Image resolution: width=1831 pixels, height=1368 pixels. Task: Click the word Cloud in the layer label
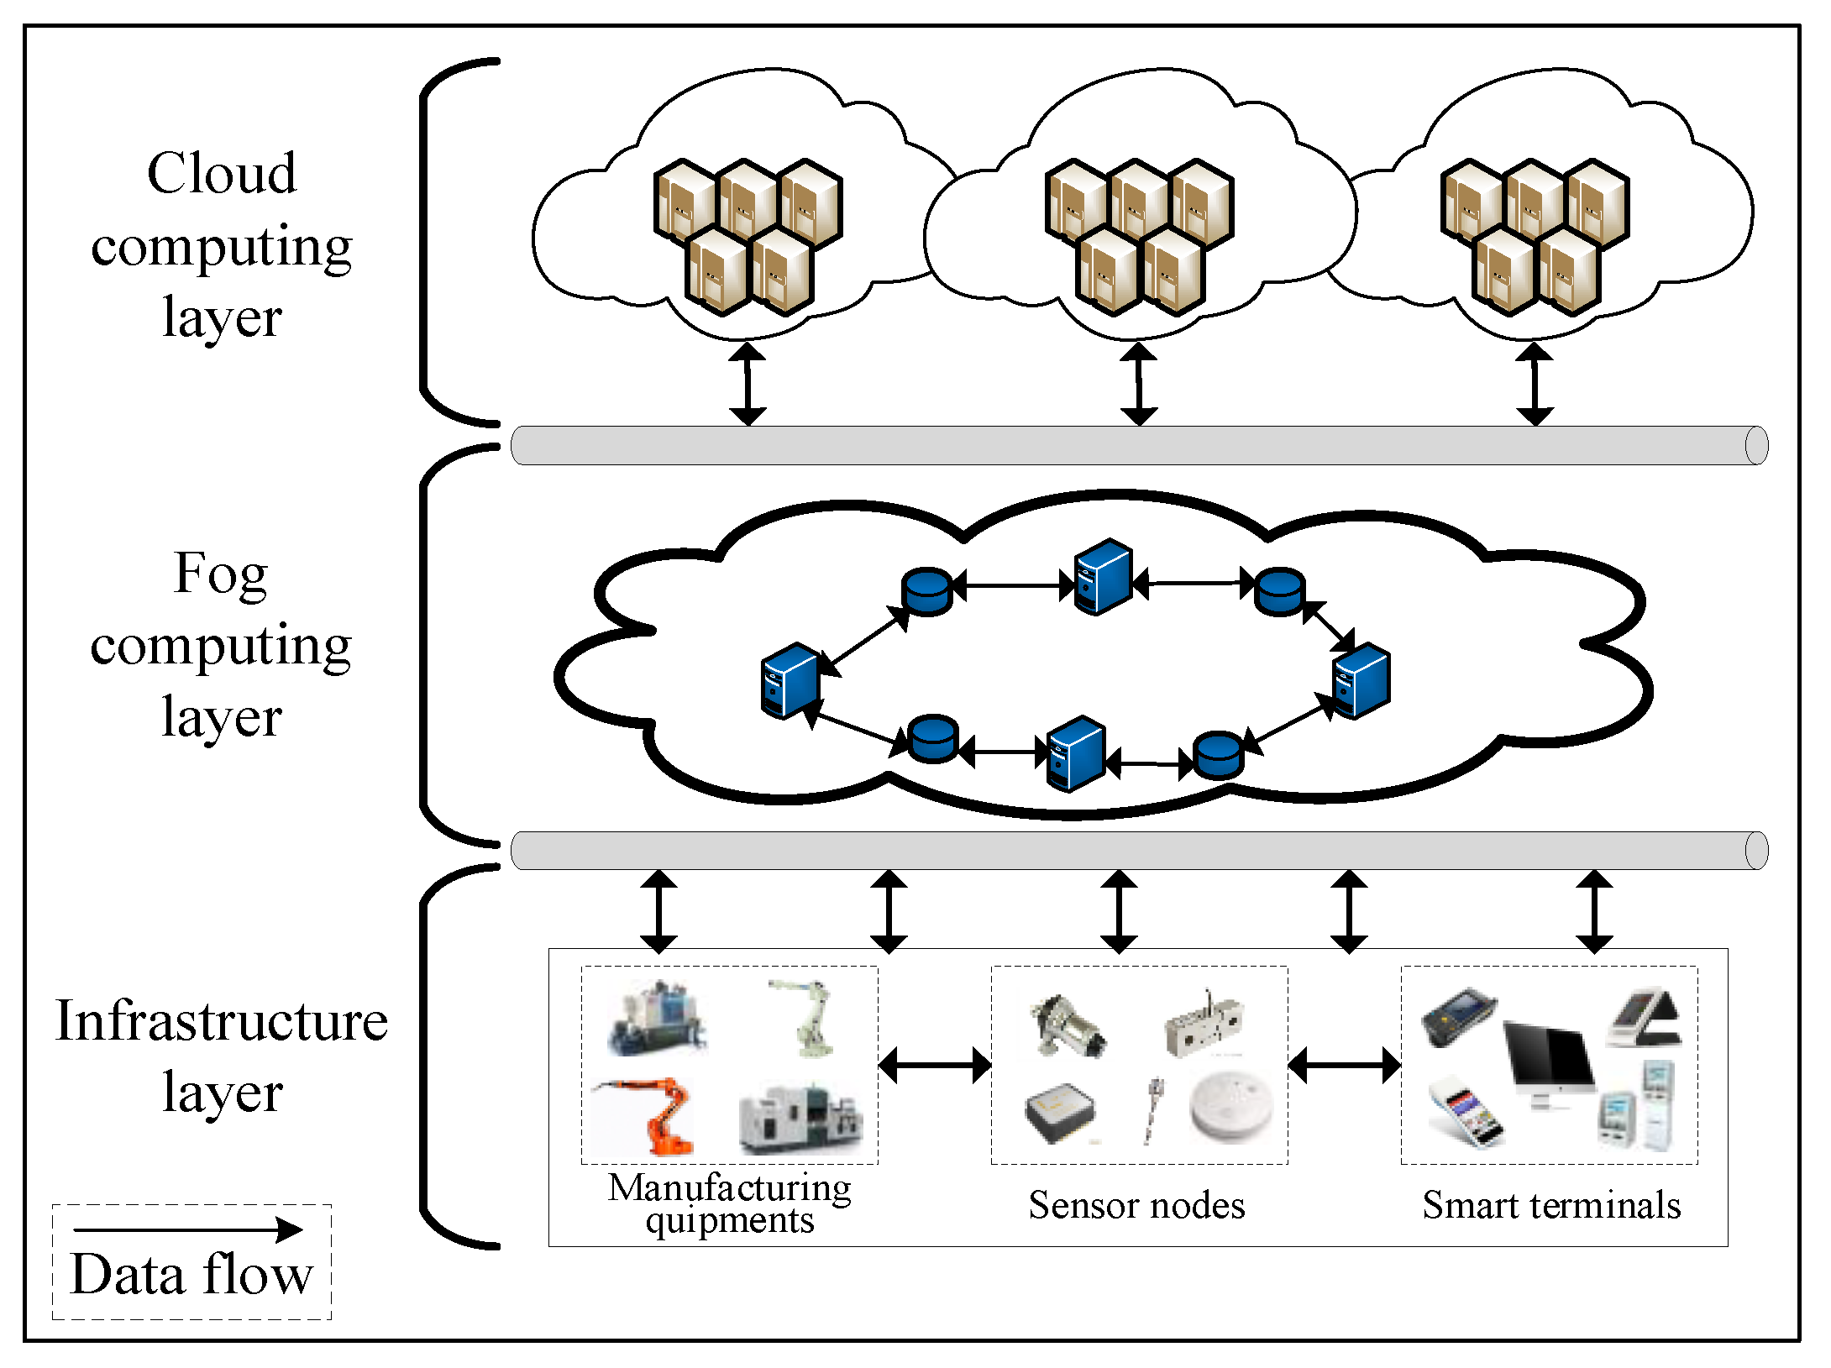[222, 174]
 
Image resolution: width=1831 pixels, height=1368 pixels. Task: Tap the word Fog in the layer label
[220, 574]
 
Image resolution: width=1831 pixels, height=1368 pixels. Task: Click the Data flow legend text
[191, 1274]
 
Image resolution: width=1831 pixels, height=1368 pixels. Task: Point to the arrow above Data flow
[188, 1230]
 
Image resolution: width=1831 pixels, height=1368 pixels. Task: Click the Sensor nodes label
[1136, 1205]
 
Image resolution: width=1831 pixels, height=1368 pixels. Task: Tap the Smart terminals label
[1551, 1205]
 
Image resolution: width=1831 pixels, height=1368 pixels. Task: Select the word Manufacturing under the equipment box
[729, 1187]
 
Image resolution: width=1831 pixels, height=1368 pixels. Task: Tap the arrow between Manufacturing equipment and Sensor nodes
[935, 1065]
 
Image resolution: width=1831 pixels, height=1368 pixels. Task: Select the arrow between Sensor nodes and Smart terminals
[1344, 1065]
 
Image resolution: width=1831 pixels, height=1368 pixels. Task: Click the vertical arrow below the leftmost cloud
[747, 384]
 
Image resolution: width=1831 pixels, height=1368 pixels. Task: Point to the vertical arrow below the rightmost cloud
[1535, 384]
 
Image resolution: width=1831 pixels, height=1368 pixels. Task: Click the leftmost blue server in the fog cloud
[790, 681]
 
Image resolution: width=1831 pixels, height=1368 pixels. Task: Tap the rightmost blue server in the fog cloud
[1361, 681]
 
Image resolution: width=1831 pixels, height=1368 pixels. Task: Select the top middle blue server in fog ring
[1104, 577]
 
